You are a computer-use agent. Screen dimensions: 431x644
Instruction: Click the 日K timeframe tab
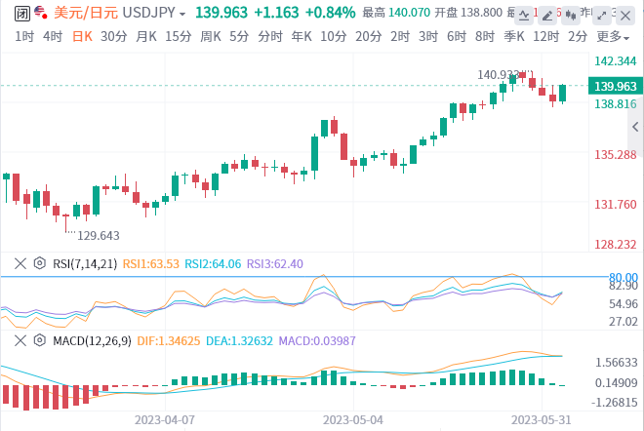[82, 36]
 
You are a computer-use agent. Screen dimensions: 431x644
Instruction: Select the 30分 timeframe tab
[113, 36]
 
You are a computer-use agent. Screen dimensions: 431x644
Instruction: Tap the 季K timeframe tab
[514, 36]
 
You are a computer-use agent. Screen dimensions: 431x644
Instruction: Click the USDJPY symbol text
[148, 13]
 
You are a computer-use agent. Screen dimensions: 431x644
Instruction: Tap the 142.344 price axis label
[615, 60]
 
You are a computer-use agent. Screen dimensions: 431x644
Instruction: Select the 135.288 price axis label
[615, 154]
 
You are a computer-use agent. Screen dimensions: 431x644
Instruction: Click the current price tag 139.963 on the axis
[615, 86]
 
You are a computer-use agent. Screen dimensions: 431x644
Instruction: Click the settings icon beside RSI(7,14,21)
[40, 263]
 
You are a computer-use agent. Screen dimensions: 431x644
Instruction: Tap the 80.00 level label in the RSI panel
[623, 277]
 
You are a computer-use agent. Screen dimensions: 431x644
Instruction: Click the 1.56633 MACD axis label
[615, 362]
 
